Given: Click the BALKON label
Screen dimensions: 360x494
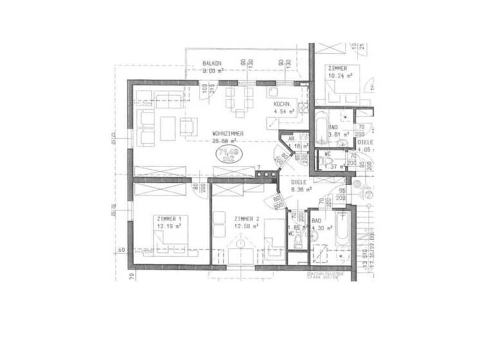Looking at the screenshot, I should click(212, 63).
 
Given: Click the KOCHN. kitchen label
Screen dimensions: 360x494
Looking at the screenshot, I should click(284, 104).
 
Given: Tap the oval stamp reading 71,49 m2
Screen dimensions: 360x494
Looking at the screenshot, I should click(228, 154).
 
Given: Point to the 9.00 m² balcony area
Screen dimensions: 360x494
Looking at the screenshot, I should click(212, 71).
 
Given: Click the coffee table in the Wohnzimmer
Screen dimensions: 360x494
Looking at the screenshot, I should click(169, 128).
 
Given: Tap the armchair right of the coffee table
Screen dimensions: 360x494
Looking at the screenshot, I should click(188, 127).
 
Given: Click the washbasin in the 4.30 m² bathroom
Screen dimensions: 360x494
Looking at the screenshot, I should click(315, 236).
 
